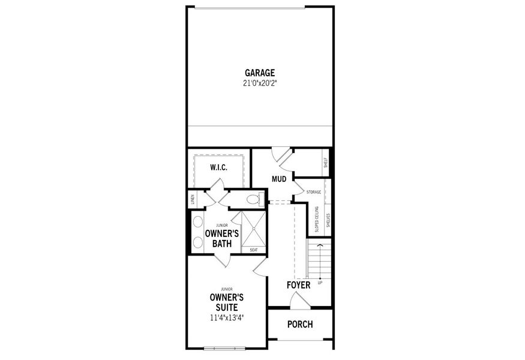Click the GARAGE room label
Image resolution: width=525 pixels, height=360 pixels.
(x=260, y=73)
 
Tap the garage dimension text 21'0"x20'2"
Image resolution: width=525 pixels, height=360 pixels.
(x=260, y=83)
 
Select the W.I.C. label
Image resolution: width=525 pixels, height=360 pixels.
(x=218, y=167)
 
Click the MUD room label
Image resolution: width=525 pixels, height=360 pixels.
(x=278, y=179)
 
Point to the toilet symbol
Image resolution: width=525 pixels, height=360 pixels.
(x=253, y=199)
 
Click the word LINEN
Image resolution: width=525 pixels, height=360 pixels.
(x=193, y=200)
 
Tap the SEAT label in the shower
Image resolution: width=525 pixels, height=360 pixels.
(x=253, y=250)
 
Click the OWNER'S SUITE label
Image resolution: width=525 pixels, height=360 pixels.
(x=226, y=302)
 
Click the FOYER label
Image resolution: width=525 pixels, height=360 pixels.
(x=298, y=285)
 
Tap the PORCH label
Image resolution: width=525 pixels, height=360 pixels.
(x=300, y=325)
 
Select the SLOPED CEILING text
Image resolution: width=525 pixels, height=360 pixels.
(x=317, y=219)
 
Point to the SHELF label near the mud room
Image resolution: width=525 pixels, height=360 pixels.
(x=326, y=162)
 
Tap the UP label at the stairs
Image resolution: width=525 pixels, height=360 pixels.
(x=320, y=282)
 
